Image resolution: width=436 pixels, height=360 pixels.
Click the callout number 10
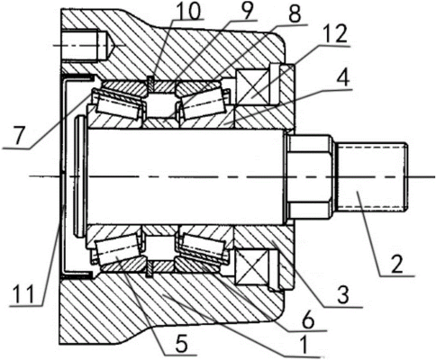pos(188,10)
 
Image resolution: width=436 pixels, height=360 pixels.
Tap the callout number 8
pos(294,14)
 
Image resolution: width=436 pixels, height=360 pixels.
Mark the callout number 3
pos(343,295)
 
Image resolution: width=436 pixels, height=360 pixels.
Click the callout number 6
pos(308,320)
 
